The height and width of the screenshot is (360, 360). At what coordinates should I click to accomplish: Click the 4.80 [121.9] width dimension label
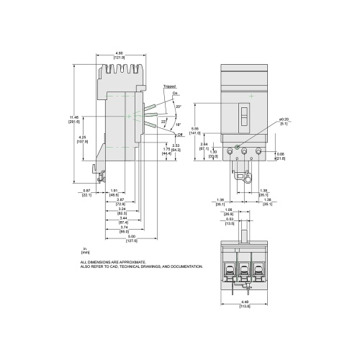coord(123,54)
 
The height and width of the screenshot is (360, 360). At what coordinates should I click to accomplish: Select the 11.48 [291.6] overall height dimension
coord(75,120)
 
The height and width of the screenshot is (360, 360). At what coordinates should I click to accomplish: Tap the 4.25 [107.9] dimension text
coord(83,140)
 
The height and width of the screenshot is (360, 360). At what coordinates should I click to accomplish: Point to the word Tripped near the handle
coord(169,86)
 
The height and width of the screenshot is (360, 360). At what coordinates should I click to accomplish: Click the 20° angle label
coord(178,107)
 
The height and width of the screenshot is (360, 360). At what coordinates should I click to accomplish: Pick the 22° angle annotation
coord(163,122)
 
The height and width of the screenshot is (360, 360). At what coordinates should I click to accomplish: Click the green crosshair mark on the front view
coord(249,96)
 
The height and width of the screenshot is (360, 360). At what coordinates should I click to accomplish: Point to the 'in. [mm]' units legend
coord(85,251)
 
